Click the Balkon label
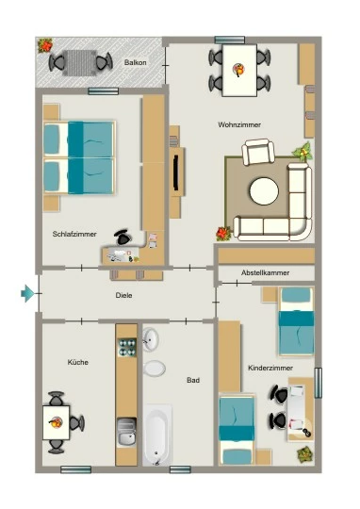pyautogui.click(x=135, y=62)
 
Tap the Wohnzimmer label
pyautogui.click(x=239, y=124)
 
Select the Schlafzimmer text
pyautogui.click(x=74, y=234)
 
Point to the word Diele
pyautogui.click(x=123, y=295)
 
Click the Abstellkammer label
pyautogui.click(x=265, y=273)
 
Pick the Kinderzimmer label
pyautogui.click(x=270, y=369)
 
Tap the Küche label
pyautogui.click(x=78, y=362)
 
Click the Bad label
pyautogui.click(x=193, y=380)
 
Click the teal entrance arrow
pyautogui.click(x=27, y=293)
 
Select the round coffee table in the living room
pyautogui.click(x=264, y=191)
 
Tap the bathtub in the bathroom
pyautogui.click(x=157, y=435)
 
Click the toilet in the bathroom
pyautogui.click(x=155, y=369)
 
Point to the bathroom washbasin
pyautogui.click(x=150, y=339)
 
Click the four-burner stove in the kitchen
pyautogui.click(x=126, y=347)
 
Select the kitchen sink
pyautogui.click(x=126, y=432)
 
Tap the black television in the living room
pyautogui.click(x=176, y=173)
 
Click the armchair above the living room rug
pyautogui.click(x=258, y=152)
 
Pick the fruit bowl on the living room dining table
pyautogui.click(x=239, y=70)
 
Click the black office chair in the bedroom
pyautogui.click(x=123, y=238)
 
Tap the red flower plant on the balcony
pyautogui.click(x=45, y=46)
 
